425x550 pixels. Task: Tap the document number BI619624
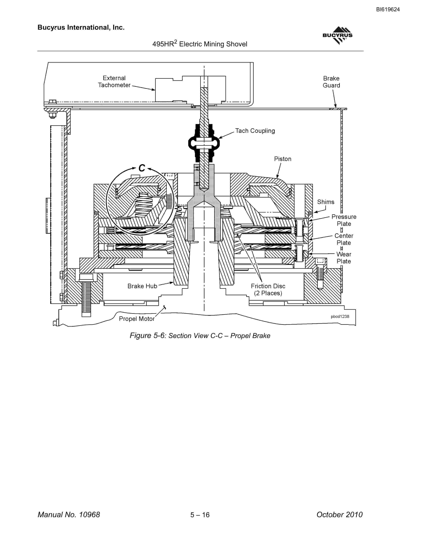tap(388, 10)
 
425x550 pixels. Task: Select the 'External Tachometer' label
tap(114, 82)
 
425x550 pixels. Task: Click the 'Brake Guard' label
tap(331, 82)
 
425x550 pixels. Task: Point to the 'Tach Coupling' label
tap(255, 131)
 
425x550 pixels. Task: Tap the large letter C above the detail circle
tap(142, 168)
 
